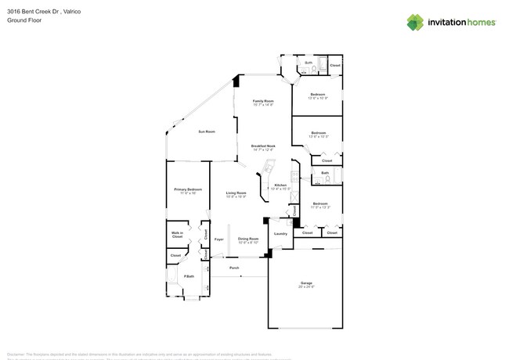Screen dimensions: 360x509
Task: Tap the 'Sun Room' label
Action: pos(206,131)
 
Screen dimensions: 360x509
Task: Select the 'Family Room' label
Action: pos(263,101)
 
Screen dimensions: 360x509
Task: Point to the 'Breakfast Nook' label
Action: pos(263,146)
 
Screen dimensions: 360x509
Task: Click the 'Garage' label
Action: pos(306,283)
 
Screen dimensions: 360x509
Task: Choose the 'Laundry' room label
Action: pos(280,233)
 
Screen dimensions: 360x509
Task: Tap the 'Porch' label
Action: pos(234,268)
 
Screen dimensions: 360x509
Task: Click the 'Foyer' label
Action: pos(219,239)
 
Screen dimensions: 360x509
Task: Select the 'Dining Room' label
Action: pos(248,239)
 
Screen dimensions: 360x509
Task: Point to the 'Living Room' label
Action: pos(236,193)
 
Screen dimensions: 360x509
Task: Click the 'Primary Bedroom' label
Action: pos(188,189)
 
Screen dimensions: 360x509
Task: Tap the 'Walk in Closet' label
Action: pos(177,234)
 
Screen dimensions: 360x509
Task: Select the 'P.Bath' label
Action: pos(188,276)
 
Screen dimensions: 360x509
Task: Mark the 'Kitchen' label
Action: pos(280,185)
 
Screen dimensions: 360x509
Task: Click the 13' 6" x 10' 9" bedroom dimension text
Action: pos(318,98)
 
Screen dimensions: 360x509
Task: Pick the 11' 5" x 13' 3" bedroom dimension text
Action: pos(319,207)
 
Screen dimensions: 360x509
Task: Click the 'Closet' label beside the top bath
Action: pos(334,65)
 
